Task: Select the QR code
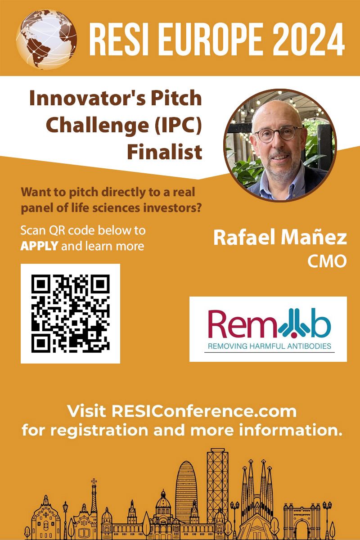click(x=70, y=313)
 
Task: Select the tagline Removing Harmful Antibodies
click(x=269, y=346)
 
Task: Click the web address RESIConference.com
click(x=204, y=411)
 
